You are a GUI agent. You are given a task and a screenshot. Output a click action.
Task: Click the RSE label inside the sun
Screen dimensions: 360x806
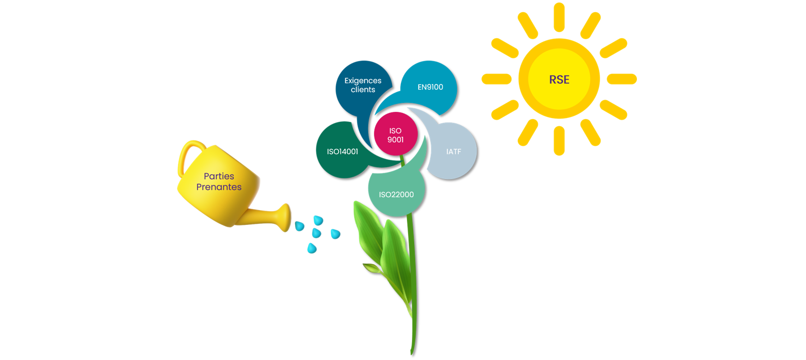[x=559, y=79]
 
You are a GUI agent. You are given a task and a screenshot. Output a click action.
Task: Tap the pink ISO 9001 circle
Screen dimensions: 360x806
[x=395, y=135]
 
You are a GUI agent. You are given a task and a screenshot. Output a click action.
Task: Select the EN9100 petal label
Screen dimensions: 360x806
[x=430, y=87]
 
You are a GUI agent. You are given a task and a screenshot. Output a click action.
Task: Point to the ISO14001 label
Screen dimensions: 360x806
[x=342, y=151]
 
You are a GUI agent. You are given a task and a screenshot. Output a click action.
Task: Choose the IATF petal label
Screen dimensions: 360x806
[x=454, y=151]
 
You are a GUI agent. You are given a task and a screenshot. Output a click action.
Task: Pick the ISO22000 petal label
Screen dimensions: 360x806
[x=396, y=194]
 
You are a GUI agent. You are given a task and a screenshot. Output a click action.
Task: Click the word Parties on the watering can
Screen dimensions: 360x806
[x=219, y=176]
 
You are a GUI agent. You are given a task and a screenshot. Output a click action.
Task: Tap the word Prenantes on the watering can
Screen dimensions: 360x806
[x=219, y=187]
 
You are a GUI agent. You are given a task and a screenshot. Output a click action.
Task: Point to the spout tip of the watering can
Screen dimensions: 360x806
[x=287, y=217]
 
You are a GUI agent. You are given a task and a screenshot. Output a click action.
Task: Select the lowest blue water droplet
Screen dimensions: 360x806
[x=312, y=248]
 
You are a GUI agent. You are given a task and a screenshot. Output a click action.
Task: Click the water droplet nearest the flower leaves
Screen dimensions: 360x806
[x=335, y=234]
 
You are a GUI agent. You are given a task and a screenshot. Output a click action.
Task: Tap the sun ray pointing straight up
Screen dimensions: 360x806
[x=559, y=17]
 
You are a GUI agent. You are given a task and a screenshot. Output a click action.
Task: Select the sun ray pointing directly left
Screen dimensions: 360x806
[x=496, y=79]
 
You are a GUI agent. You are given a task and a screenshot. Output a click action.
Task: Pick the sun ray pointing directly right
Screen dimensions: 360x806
[x=621, y=79]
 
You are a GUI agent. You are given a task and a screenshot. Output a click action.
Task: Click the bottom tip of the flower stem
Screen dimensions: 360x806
[x=412, y=352]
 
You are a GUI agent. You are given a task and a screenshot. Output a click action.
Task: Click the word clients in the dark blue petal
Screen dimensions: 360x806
[x=362, y=90]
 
